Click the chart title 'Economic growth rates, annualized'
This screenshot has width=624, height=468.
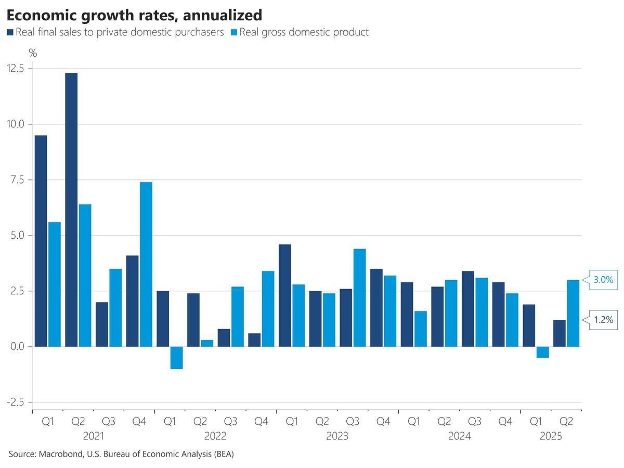(134, 14)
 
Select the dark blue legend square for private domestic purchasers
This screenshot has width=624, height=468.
(10, 32)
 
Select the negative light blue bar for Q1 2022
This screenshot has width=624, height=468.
(176, 358)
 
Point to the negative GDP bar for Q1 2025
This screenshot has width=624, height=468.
(542, 352)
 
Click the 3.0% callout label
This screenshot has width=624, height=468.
(603, 280)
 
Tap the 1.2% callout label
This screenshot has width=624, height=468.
(603, 320)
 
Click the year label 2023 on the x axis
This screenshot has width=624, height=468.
(337, 436)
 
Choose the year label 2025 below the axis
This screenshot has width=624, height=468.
(551, 436)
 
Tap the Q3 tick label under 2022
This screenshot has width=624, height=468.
(230, 421)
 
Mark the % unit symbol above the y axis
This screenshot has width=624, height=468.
(33, 53)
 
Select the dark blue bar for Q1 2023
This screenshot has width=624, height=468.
(285, 295)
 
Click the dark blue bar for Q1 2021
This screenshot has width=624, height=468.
(41, 241)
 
